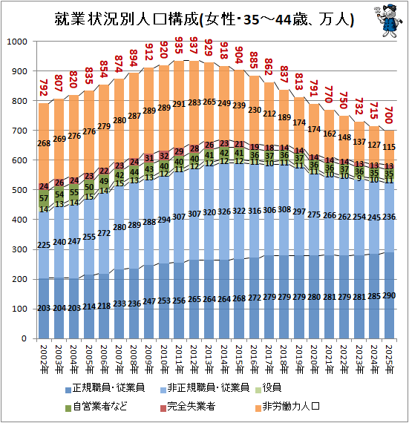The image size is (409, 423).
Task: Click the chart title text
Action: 204,19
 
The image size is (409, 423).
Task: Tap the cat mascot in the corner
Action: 388,21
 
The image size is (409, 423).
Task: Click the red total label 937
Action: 194,46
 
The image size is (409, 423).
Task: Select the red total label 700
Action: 388,115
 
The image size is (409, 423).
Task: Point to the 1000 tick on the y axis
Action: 17,42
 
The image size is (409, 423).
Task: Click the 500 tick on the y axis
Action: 20,190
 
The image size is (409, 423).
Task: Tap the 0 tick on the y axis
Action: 24,338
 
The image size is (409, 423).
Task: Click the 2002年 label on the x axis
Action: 44,359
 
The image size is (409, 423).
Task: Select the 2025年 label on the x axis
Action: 389,359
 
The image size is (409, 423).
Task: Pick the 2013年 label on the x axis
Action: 209,359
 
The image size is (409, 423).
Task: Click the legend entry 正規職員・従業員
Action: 105,388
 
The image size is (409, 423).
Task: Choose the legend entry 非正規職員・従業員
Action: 205,388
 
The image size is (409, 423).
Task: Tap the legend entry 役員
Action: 268,388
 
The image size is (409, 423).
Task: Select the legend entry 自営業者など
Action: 96,406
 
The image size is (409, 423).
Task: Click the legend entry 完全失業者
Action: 188,406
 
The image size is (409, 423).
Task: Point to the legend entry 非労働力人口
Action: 287,406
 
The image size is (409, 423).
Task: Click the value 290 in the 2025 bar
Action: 389,295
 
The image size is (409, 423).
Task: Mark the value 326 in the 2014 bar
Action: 224,211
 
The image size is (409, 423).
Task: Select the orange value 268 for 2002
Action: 44,143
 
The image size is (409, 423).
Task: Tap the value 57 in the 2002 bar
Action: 44,199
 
